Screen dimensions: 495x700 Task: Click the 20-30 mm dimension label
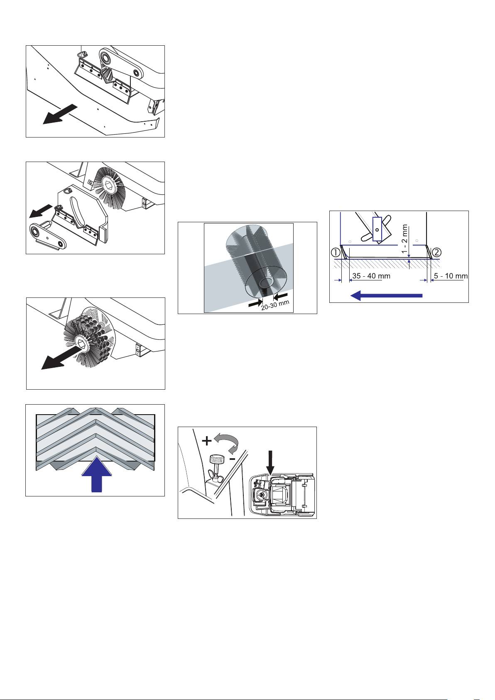[275, 305]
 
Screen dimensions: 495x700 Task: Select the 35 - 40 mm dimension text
[371, 276]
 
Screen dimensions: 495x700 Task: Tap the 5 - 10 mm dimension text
[451, 276]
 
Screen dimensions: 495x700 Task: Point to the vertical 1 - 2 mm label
[404, 239]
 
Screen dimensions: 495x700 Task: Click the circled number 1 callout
[335, 252]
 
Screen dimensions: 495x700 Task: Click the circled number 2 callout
[436, 252]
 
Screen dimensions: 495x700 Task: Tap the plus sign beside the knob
[207, 441]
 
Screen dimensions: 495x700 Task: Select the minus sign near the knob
[232, 459]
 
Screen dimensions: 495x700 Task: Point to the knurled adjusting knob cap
[217, 460]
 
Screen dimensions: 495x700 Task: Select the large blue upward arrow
[96, 474]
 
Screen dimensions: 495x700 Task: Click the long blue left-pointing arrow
[386, 295]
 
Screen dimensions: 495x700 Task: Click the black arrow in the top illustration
[60, 114]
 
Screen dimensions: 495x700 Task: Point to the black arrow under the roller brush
[61, 359]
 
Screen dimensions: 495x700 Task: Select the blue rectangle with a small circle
[377, 229]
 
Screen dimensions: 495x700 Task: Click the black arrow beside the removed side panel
[40, 211]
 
